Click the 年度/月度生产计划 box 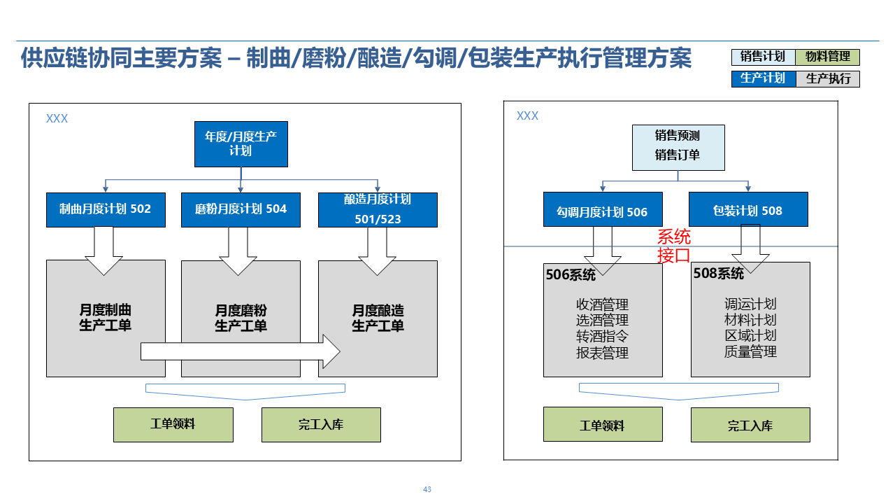(x=241, y=144)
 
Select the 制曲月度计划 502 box (x=106, y=209)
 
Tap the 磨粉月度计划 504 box (x=241, y=209)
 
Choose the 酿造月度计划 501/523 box (x=378, y=209)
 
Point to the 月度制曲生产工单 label (x=106, y=318)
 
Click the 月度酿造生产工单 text (x=378, y=318)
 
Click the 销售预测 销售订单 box (x=678, y=147)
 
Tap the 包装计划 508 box (x=748, y=211)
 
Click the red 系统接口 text (x=674, y=246)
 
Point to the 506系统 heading (x=571, y=275)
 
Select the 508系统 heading (x=718, y=274)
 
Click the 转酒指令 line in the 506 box (x=602, y=337)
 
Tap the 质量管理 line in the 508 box (x=750, y=351)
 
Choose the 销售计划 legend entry (x=763, y=57)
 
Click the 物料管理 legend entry (x=828, y=57)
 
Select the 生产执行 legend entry (x=828, y=78)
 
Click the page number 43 (x=427, y=489)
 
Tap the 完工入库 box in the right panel (x=750, y=426)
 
